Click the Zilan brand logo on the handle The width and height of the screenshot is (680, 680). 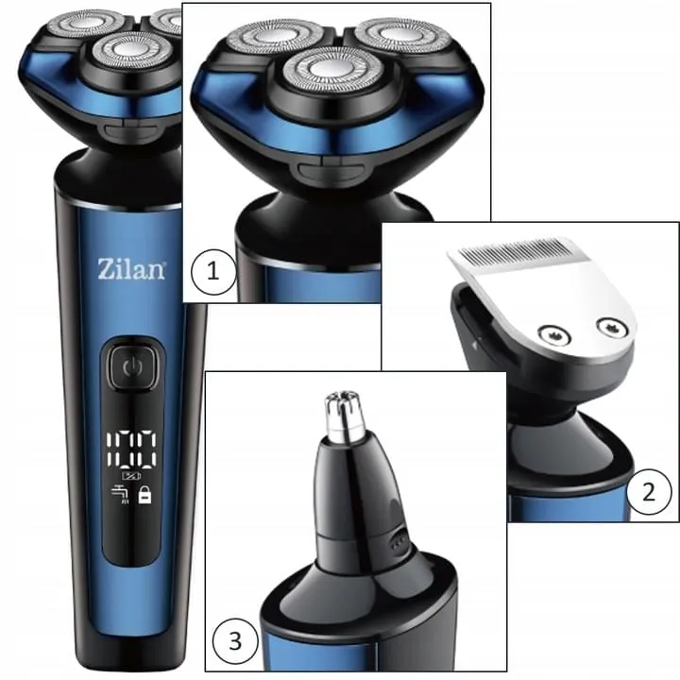pos(131,269)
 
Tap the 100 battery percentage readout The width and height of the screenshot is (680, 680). pos(131,449)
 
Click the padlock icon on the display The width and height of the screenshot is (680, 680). pos(144,495)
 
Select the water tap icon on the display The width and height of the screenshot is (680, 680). pos(120,495)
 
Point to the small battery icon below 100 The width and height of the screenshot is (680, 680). pos(131,476)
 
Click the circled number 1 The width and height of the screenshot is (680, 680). pos(213,272)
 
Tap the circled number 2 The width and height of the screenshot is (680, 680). pos(648,492)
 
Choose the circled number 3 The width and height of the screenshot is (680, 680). pos(235,641)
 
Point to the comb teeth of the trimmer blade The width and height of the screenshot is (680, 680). pos(515,251)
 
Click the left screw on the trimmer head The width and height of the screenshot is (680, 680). pos(554,334)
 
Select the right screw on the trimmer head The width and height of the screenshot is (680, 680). pos(612,326)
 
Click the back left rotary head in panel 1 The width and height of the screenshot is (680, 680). pos(274,37)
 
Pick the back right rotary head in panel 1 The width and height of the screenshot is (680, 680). pos(402,37)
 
